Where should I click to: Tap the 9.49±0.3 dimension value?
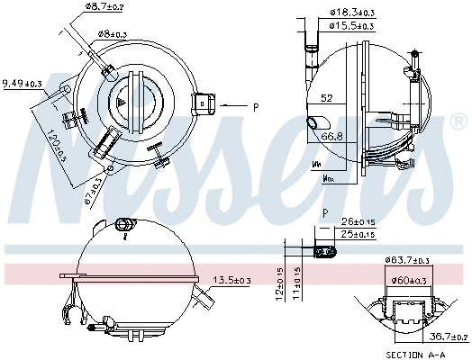[x=23, y=84]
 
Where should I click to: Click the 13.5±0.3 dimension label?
[x=231, y=281]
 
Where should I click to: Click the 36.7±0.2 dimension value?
[x=448, y=337]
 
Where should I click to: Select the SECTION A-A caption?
[x=414, y=355]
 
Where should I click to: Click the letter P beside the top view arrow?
[x=256, y=107]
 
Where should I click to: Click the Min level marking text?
[x=317, y=165]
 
